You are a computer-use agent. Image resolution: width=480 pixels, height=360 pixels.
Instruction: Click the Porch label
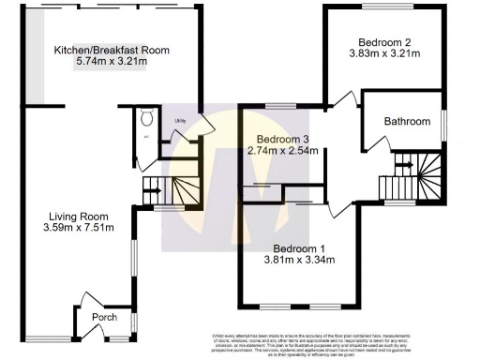point(103,318)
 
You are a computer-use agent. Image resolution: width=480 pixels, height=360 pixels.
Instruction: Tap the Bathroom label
point(408,122)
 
